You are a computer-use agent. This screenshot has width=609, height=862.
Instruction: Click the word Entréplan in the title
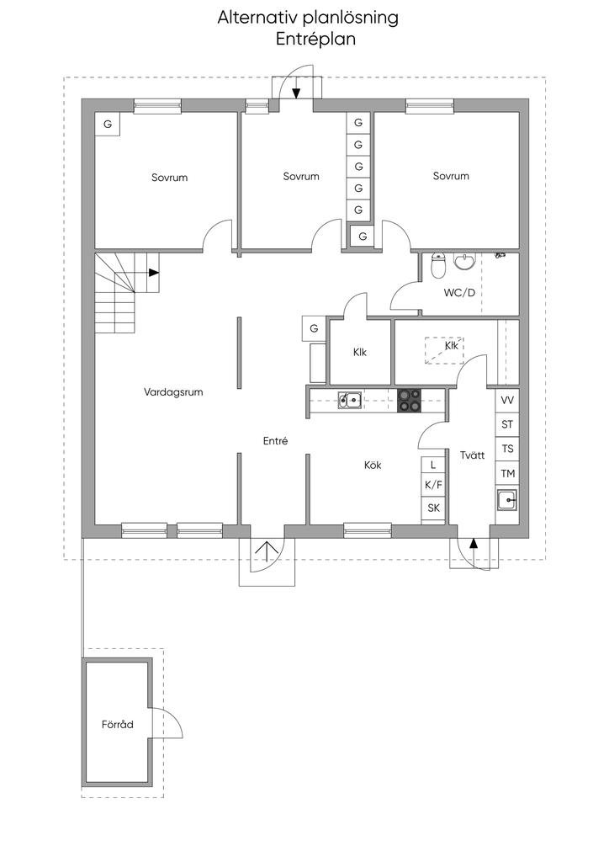(x=315, y=40)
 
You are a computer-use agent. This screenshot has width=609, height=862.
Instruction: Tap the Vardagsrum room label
(x=173, y=392)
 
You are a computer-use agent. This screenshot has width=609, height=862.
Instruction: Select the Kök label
(x=373, y=465)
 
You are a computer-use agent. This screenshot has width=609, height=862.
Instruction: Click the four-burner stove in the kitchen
(x=409, y=400)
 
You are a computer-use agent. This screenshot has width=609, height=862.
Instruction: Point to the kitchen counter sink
(x=349, y=400)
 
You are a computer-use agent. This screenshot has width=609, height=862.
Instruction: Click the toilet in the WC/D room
(x=437, y=266)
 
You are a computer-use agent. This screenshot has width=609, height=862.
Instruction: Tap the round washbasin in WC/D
(x=465, y=262)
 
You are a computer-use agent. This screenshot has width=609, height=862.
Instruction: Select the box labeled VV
(x=507, y=400)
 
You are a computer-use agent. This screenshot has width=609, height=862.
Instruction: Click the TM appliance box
(x=507, y=473)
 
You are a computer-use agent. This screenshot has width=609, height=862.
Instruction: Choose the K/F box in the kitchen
(x=433, y=485)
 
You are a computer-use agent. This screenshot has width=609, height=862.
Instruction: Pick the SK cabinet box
(x=433, y=508)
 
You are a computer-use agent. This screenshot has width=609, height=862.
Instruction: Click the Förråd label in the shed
(x=118, y=724)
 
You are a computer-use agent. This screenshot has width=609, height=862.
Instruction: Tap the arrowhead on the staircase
(x=154, y=272)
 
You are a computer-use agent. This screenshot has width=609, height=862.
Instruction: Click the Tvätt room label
(x=472, y=455)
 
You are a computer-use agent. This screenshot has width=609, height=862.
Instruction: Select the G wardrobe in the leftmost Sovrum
(x=108, y=125)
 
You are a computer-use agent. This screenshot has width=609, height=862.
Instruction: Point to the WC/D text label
(x=459, y=293)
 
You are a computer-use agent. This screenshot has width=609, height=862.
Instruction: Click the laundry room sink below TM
(x=507, y=500)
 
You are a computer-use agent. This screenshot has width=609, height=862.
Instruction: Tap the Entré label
(x=275, y=441)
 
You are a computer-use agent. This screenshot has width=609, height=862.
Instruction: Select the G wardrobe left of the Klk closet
(x=314, y=329)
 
